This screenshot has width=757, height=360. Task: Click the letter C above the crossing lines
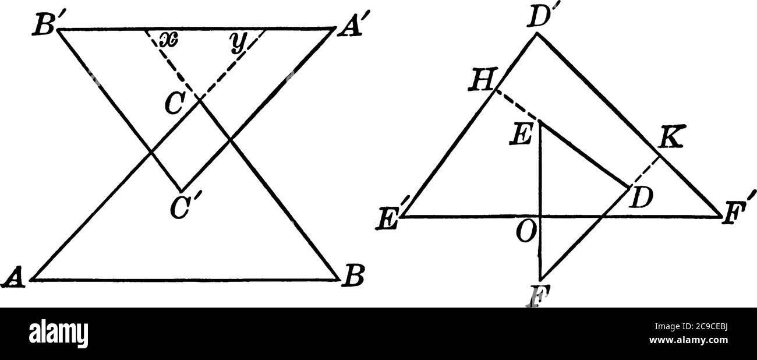173,103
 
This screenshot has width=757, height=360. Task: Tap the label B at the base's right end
353,280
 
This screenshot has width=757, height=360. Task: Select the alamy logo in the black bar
59,334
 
